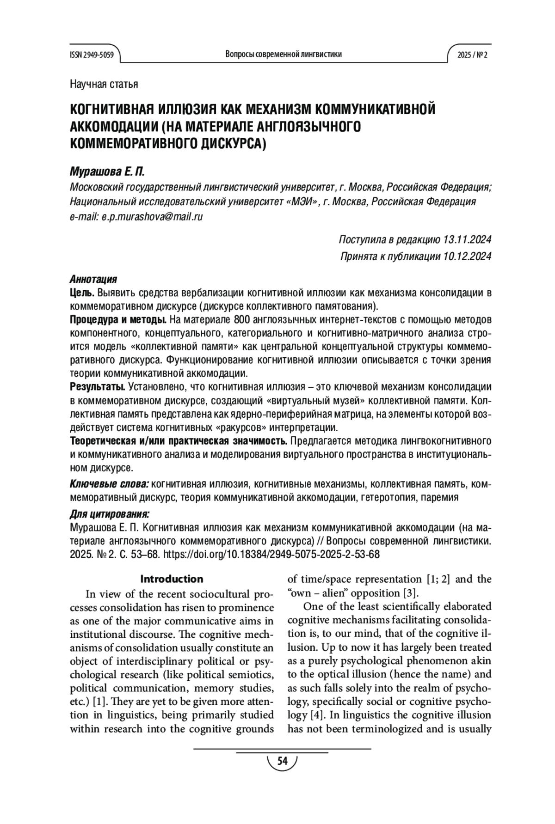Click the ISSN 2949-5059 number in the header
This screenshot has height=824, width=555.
pos(92,55)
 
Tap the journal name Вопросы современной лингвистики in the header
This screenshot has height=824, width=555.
pos(284,54)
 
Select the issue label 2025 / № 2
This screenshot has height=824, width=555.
pos(472,55)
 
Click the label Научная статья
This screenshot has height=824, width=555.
pos(104,84)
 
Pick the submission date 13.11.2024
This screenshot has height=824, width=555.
pos(467,240)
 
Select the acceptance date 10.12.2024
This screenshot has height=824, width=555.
pos(467,256)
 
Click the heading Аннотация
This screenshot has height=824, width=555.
pos(93,279)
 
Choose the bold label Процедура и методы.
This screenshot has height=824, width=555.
pos(118,319)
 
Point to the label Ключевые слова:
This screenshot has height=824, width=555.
pos(109,484)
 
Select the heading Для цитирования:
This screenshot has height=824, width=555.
pos(109,514)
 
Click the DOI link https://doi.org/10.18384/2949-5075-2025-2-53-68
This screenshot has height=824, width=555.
pos(271,555)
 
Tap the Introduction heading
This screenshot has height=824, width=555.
pos(172,579)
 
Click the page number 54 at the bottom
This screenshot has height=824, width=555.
pos(282,761)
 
